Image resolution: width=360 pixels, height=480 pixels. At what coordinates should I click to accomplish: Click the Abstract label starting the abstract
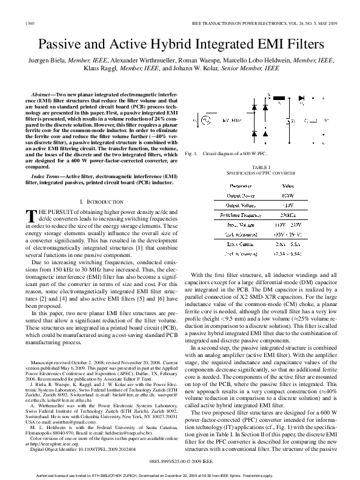click(x=42, y=96)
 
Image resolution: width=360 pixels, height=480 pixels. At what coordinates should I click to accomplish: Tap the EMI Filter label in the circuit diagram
click(x=233, y=121)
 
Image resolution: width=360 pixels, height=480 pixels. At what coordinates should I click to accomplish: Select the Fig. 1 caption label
click(x=193, y=155)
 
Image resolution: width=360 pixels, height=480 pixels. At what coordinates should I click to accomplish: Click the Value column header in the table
click(x=288, y=185)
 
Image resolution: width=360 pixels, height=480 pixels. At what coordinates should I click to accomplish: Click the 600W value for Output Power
click(x=288, y=196)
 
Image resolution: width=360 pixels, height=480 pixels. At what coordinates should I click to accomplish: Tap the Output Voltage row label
click(x=240, y=205)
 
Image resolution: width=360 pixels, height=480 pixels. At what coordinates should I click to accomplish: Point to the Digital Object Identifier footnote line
click(x=83, y=432)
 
